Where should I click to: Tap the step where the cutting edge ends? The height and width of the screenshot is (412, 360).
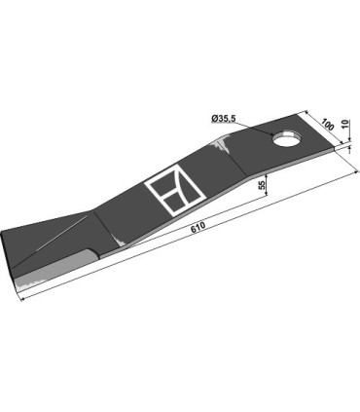click(94, 254)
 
